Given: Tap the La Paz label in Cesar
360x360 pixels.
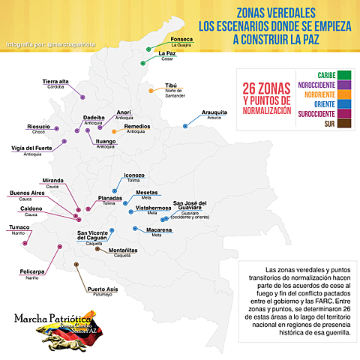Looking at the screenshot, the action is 167,53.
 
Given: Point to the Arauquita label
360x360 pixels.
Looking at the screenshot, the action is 214,112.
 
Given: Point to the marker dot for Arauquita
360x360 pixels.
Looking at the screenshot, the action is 186,126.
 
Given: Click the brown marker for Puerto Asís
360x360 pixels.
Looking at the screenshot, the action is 76,265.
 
